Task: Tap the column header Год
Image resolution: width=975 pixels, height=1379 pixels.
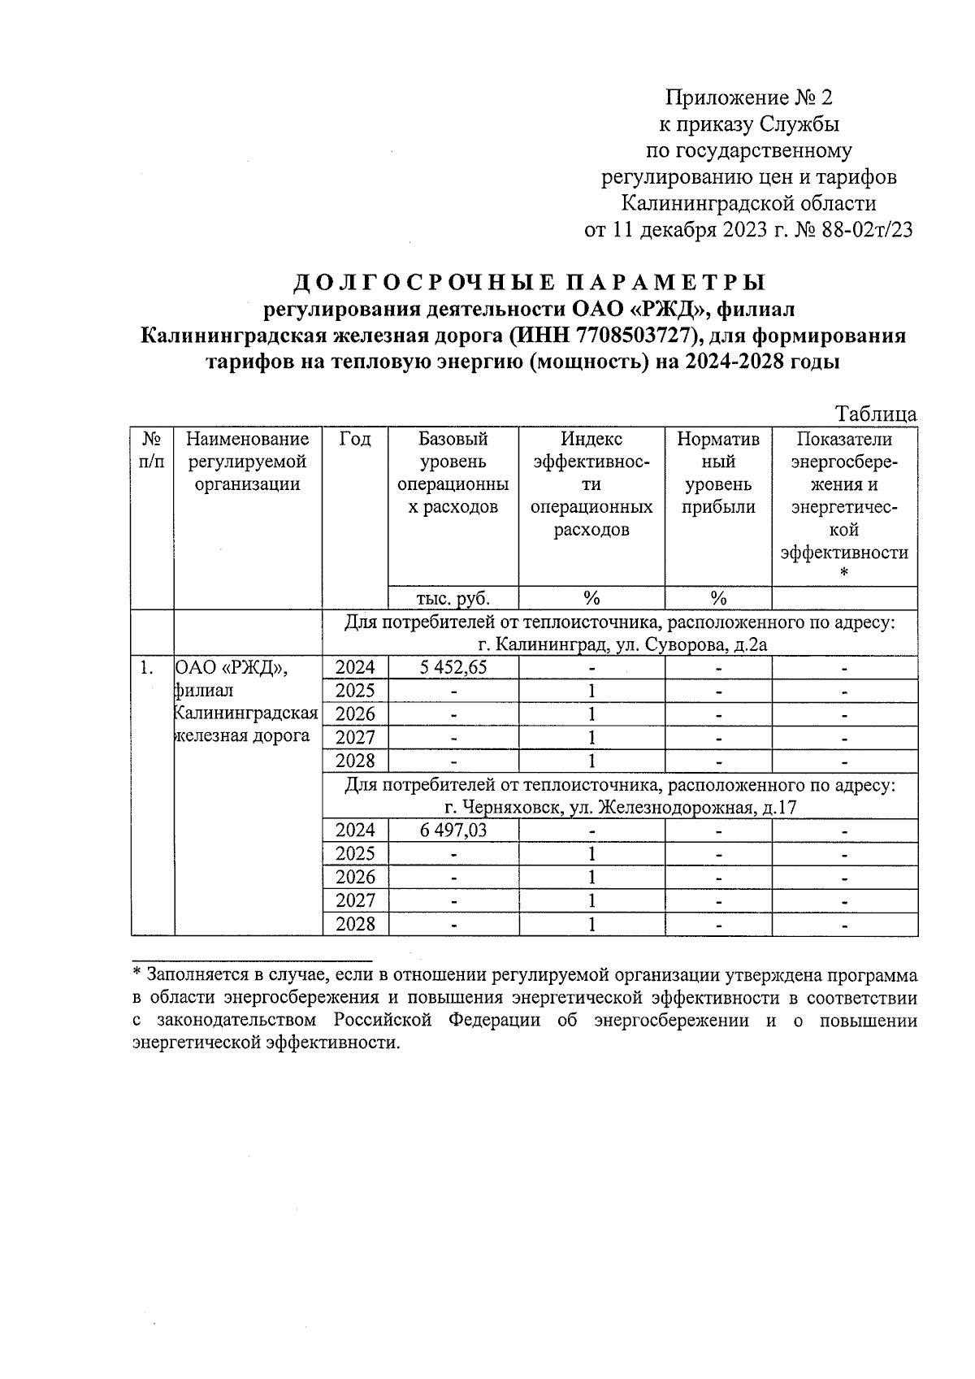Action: (x=355, y=440)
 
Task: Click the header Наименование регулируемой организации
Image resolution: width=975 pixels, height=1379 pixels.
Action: (x=248, y=462)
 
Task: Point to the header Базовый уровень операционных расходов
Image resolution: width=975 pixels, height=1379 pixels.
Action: (x=453, y=473)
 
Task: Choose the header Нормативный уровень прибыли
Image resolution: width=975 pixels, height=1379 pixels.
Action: (x=718, y=473)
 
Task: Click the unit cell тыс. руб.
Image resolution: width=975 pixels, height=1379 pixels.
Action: (x=453, y=598)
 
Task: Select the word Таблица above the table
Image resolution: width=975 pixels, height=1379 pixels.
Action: (x=876, y=414)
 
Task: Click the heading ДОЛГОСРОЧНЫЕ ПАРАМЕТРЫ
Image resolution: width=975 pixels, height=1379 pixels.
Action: (x=529, y=283)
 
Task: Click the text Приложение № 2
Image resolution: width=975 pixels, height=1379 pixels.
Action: (x=749, y=98)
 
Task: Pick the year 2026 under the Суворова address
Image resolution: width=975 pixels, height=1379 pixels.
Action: (x=355, y=714)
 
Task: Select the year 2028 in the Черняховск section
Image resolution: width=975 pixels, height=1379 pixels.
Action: (x=355, y=924)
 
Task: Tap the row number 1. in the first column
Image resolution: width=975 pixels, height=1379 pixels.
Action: (x=146, y=668)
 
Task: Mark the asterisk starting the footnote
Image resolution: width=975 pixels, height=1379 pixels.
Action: (x=137, y=973)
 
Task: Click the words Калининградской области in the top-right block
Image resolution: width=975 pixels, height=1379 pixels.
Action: (x=749, y=203)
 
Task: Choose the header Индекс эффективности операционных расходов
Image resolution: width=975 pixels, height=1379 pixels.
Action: (x=591, y=484)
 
